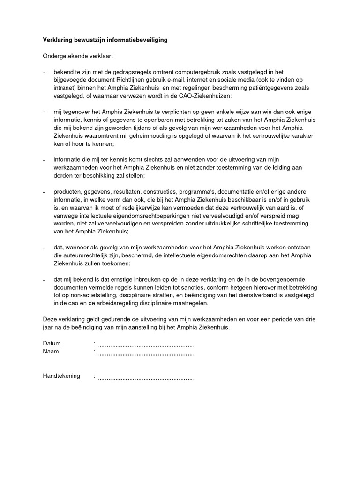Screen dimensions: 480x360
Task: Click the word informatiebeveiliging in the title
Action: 138,40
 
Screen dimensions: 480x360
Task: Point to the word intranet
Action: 64,88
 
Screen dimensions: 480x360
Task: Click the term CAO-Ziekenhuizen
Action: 204,96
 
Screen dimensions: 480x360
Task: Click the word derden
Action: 63,176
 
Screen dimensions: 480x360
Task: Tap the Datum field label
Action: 52,344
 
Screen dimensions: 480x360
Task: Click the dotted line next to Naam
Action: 146,354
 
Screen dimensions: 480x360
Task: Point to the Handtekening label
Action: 61,376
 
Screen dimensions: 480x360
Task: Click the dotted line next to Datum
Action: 146,346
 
